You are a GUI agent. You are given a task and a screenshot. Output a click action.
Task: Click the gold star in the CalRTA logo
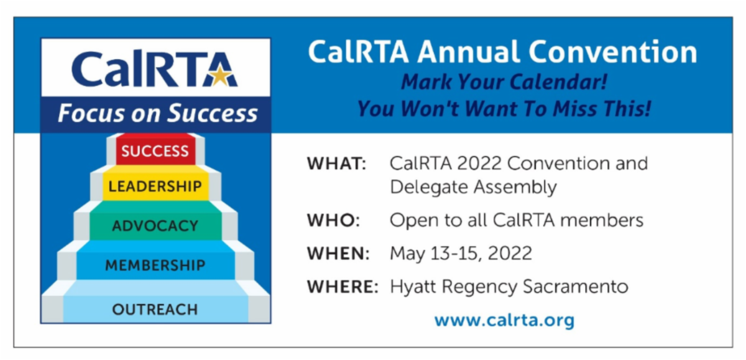click(221, 76)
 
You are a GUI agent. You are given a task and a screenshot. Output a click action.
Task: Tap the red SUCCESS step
click(155, 150)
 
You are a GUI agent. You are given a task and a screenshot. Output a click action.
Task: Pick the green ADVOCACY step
click(155, 225)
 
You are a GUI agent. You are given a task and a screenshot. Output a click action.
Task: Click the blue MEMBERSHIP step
click(155, 265)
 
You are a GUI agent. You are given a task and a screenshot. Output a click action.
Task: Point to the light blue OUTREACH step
click(155, 309)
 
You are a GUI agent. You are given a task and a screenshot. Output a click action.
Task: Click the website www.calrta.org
click(504, 320)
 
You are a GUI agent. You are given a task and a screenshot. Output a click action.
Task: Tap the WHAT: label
click(336, 164)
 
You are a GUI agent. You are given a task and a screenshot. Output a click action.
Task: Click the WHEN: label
click(338, 254)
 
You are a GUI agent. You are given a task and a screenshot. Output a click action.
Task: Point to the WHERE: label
click(343, 287)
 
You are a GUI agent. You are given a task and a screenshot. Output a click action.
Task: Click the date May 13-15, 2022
click(461, 254)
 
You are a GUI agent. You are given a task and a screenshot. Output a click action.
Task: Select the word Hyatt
click(411, 287)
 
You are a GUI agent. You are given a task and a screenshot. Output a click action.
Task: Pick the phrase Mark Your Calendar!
click(504, 82)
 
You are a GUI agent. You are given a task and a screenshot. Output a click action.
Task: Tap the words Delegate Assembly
click(473, 187)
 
